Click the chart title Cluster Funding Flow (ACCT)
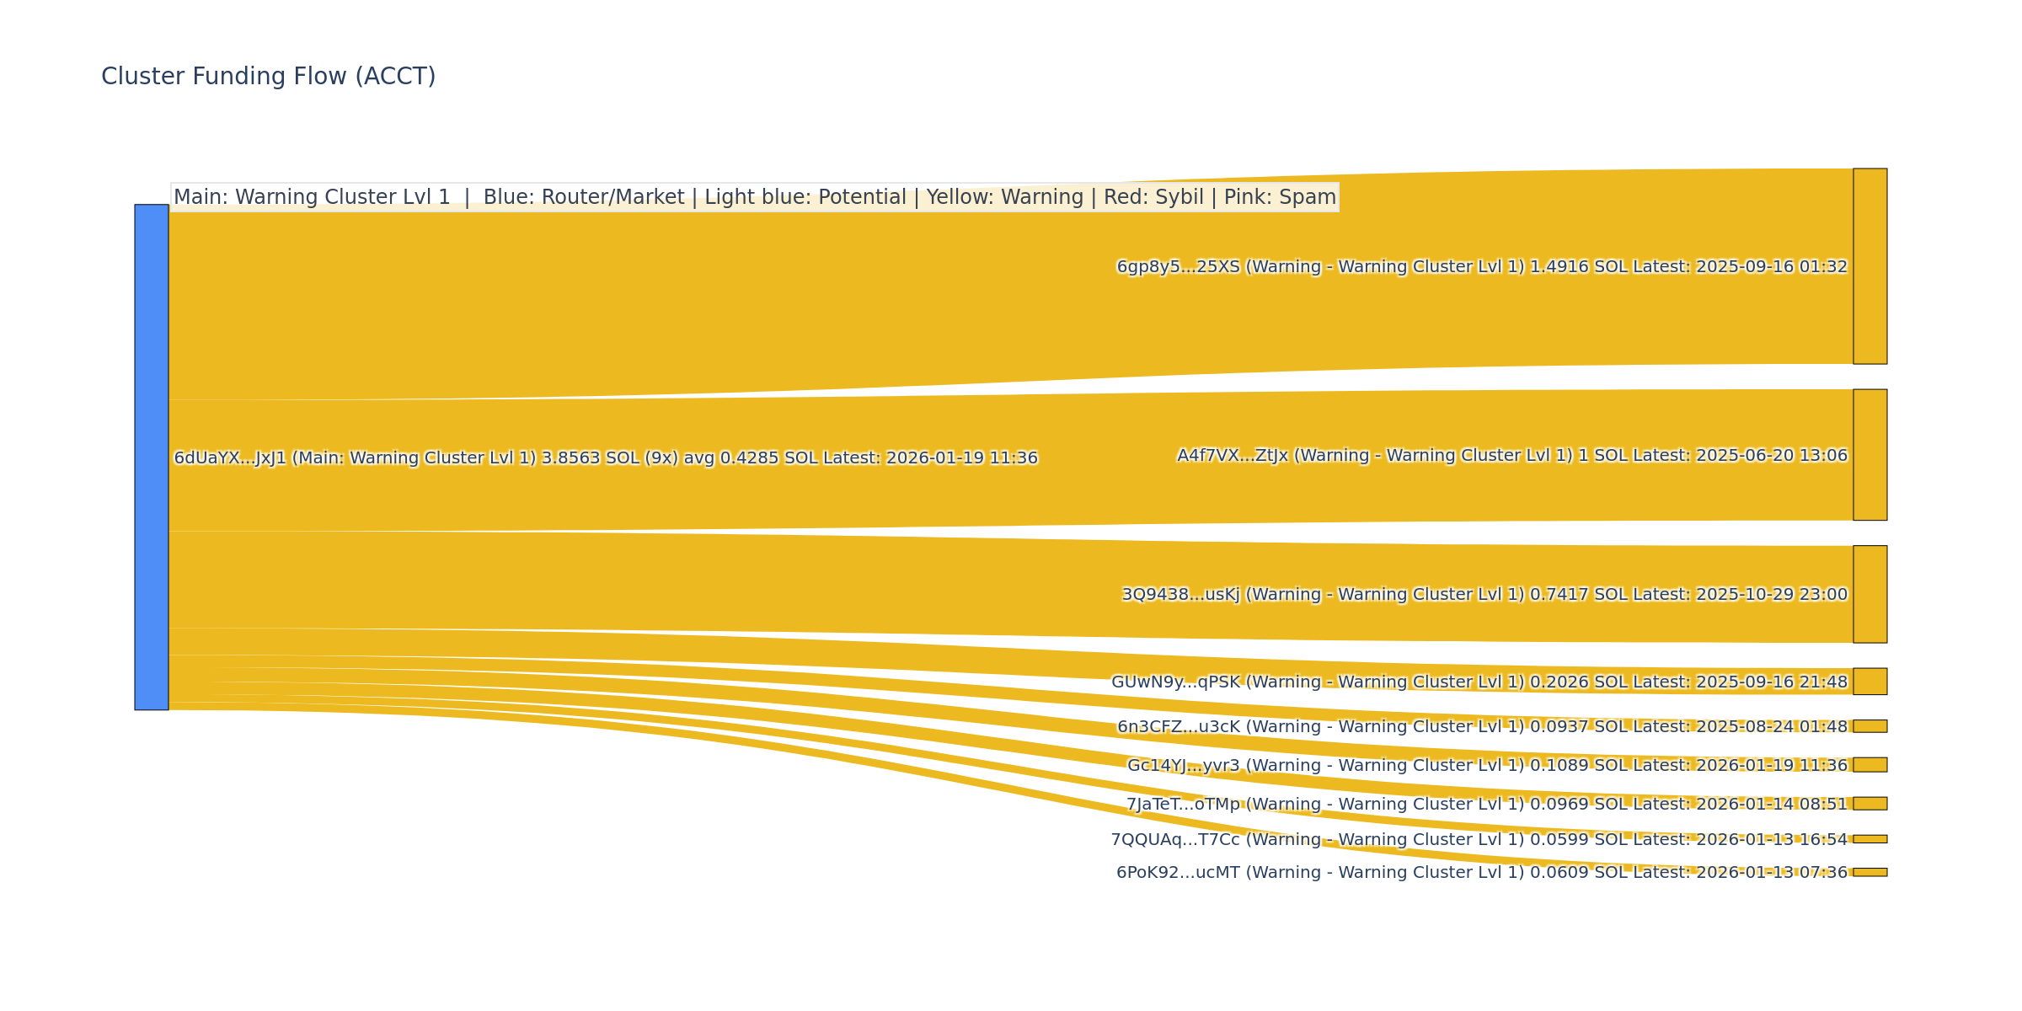(x=268, y=77)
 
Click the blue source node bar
(x=152, y=457)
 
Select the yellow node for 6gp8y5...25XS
(x=1870, y=266)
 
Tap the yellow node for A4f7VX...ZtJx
(x=1870, y=455)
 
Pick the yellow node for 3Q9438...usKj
(x=1870, y=594)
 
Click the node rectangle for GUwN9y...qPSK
(x=1870, y=682)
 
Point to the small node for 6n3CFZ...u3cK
(x=1870, y=726)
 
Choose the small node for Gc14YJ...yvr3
(x=1870, y=765)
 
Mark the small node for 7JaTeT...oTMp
(x=1870, y=804)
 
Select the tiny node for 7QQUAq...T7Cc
(x=1870, y=839)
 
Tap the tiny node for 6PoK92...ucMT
(x=1870, y=872)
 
